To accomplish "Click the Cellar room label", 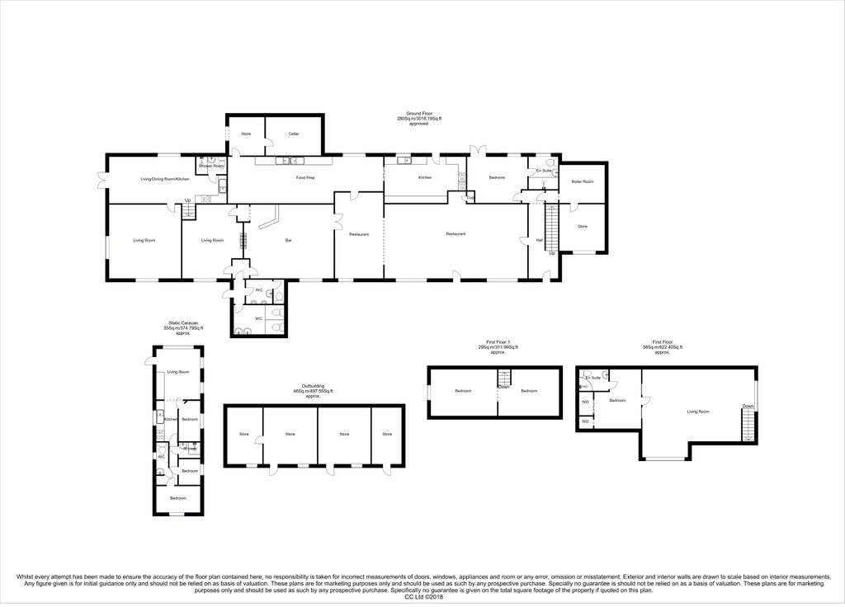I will pos(293,134).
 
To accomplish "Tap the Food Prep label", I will pos(307,177).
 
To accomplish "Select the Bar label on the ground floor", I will pos(289,240).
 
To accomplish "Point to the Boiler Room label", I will pos(582,181).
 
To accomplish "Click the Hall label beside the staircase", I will pos(540,240).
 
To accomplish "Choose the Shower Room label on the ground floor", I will pos(212,166).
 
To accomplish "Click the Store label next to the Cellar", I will pos(245,134).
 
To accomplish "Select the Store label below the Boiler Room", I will pos(582,226).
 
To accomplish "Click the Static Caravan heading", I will pos(183,323).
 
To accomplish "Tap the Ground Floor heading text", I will pos(419,114).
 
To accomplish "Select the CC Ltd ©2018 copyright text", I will pos(422,597).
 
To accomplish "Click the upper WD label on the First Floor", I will pos(585,402).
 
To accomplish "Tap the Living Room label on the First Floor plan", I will pos(698,411).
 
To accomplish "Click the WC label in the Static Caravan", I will pos(162,456).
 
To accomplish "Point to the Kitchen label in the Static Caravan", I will pos(170,419).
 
